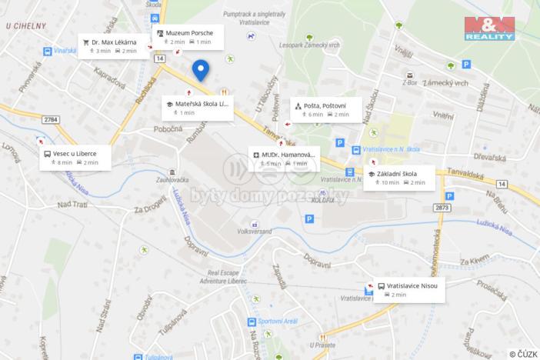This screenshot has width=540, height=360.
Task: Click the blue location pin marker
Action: click(201, 70)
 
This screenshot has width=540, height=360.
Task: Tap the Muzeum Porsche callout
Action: click(188, 37)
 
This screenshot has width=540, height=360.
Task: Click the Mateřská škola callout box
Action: click(197, 107)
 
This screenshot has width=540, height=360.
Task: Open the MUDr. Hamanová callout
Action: click(283, 158)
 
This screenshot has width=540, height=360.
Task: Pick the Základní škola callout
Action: click(398, 178)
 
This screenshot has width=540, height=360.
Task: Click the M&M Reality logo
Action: click(489, 28)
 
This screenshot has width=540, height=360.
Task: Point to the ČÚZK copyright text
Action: click(523, 354)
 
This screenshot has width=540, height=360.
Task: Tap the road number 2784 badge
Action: click(51, 119)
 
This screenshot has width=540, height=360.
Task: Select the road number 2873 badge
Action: click(442, 208)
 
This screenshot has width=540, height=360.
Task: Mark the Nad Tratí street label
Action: click(73, 204)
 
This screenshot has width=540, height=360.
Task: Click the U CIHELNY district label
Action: click(26, 25)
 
